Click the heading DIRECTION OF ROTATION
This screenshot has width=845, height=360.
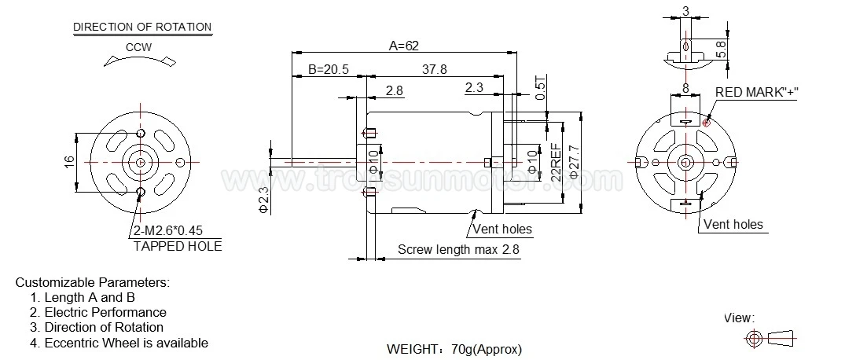click(x=142, y=27)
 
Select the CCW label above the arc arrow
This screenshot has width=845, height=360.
click(x=138, y=46)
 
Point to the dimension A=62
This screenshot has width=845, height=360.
click(x=404, y=46)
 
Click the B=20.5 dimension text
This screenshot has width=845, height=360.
click(x=328, y=69)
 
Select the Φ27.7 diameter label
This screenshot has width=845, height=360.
click(x=573, y=163)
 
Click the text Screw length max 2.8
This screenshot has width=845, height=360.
click(x=459, y=249)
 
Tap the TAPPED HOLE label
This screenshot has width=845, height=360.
click(x=178, y=246)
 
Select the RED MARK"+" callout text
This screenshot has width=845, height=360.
click(x=756, y=92)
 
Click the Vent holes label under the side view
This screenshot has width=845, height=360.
click(x=501, y=230)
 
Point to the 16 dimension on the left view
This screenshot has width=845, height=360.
click(x=69, y=160)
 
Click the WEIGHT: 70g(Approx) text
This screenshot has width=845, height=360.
click(x=454, y=348)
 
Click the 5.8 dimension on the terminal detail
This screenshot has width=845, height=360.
click(x=721, y=49)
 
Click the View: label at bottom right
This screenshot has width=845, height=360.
click(x=739, y=318)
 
